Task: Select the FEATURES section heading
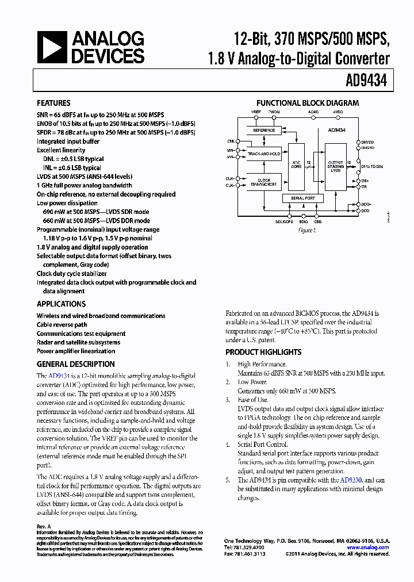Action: [53, 104]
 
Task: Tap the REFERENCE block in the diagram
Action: [264, 131]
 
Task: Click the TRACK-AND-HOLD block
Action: [264, 154]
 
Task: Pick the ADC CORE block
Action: [297, 166]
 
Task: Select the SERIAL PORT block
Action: [303, 198]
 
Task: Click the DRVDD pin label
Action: [367, 142]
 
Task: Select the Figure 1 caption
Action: [308, 230]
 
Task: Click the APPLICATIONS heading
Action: [61, 304]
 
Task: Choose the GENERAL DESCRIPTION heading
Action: [75, 364]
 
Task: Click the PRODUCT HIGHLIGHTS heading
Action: [263, 352]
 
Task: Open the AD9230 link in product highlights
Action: [351, 480]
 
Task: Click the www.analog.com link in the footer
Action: [368, 547]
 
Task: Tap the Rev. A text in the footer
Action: [44, 526]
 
